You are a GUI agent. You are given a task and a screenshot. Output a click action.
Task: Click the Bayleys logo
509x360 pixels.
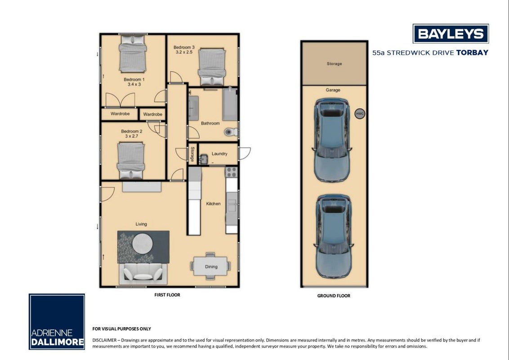(451, 33)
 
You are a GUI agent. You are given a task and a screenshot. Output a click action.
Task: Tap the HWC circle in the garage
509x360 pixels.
(360, 113)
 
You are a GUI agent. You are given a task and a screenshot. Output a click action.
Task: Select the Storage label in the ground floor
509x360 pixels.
(335, 64)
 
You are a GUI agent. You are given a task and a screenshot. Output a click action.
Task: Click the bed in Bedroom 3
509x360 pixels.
(212, 67)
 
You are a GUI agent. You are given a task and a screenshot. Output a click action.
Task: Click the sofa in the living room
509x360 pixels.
(143, 274)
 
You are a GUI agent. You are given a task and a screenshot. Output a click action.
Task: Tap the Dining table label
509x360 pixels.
(211, 267)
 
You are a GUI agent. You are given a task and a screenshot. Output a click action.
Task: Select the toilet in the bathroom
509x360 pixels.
(231, 132)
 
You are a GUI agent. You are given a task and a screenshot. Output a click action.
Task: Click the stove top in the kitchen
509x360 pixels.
(232, 172)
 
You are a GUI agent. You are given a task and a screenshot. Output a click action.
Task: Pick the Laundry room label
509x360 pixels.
(219, 154)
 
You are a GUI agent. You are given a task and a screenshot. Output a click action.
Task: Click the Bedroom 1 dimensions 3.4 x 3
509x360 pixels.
(134, 85)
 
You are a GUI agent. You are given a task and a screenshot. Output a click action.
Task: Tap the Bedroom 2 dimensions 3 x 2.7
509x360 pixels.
(131, 136)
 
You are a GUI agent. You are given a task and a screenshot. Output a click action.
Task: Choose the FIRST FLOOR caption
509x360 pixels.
(167, 295)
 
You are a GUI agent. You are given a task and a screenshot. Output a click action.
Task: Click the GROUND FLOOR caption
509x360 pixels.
(334, 296)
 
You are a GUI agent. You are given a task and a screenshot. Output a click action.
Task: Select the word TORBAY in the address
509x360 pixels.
(472, 53)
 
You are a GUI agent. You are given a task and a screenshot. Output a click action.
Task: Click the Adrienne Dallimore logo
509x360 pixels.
(57, 322)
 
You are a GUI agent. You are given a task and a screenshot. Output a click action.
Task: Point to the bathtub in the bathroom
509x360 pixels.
(230, 104)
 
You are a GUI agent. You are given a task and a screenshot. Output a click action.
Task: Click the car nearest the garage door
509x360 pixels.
(333, 236)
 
